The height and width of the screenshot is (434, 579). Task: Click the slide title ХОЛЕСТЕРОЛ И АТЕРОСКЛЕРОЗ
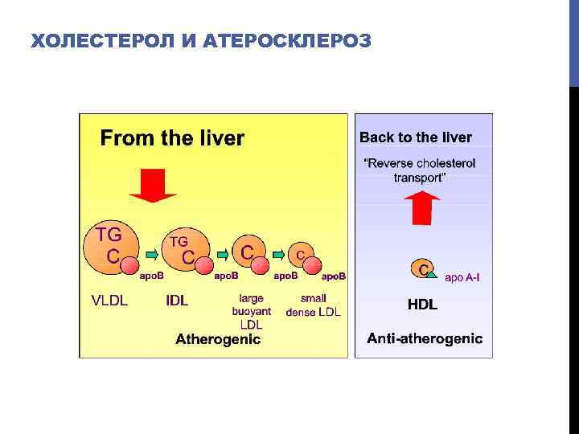coord(201,41)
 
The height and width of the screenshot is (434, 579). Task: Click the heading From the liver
coord(171,138)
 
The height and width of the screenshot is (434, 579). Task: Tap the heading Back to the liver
coord(415,137)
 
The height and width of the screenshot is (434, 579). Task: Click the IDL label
coord(177,301)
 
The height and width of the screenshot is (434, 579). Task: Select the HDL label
coord(423,305)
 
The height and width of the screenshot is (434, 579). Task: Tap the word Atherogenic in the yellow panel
coord(218,339)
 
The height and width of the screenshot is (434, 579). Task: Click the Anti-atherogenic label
coord(425,339)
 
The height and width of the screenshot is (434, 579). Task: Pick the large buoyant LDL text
coord(251,311)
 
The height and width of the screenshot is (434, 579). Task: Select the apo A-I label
coord(467,277)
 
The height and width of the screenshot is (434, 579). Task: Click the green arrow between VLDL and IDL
coord(151,256)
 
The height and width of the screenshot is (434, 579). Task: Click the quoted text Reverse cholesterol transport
coord(420,170)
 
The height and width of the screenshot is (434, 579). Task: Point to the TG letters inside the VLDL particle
coord(109,235)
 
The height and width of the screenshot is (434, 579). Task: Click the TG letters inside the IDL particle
coord(179,240)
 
